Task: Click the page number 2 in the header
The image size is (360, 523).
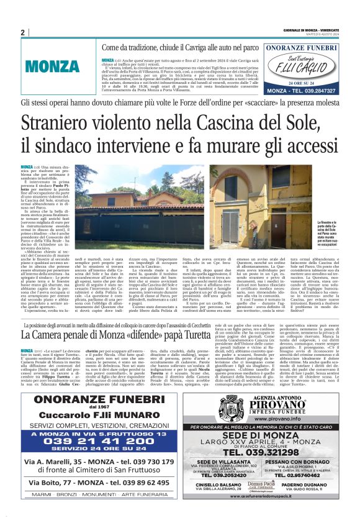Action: (23, 33)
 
